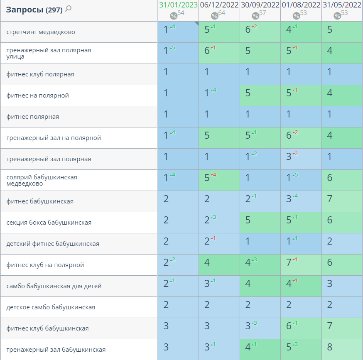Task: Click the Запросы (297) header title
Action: tap(34, 10)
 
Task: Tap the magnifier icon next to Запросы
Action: tap(69, 8)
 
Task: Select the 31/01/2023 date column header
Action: tap(178, 5)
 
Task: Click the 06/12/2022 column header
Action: tap(219, 5)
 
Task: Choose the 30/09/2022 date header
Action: tap(260, 5)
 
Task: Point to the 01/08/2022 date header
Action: tap(301, 5)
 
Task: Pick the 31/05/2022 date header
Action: tap(342, 5)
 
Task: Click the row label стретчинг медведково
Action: tap(41, 32)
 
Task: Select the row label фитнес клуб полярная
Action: tap(40, 74)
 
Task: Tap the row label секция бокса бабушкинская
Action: tap(49, 223)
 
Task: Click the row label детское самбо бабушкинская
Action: tap(51, 307)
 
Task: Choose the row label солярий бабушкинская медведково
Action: tap(42, 180)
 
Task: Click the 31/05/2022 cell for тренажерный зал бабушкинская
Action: tap(342, 349)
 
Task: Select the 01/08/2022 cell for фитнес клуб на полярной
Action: tap(301, 264)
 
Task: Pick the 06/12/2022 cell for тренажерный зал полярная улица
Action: tap(219, 53)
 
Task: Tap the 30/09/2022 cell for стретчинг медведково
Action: tap(260, 32)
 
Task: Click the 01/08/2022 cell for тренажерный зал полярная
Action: tap(301, 159)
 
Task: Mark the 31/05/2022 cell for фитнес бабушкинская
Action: tap(342, 201)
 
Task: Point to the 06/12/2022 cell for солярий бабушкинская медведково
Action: tap(219, 180)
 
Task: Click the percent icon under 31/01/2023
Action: tap(174, 16)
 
